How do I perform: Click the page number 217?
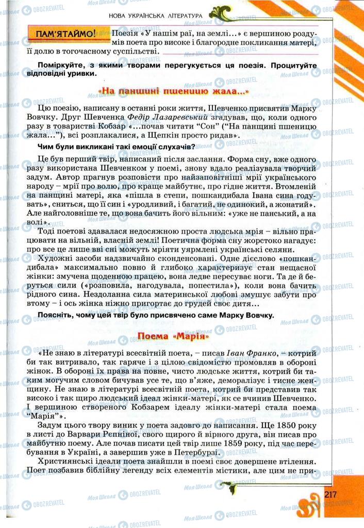click(x=330, y=494)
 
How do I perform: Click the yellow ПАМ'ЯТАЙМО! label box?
click(x=66, y=35)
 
